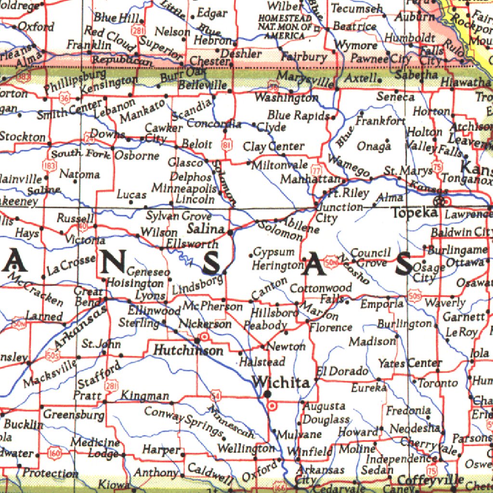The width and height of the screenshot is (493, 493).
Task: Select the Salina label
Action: (206, 228)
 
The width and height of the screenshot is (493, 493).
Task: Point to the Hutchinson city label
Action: (188, 350)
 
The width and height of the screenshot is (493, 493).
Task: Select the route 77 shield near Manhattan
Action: (316, 170)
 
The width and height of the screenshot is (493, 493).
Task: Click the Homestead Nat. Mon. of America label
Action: (285, 27)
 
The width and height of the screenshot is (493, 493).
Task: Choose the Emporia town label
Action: (382, 304)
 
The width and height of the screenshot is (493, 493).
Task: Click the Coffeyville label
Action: (430, 480)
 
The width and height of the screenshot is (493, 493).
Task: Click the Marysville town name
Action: (306, 80)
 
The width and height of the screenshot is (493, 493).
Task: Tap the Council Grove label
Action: (370, 258)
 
